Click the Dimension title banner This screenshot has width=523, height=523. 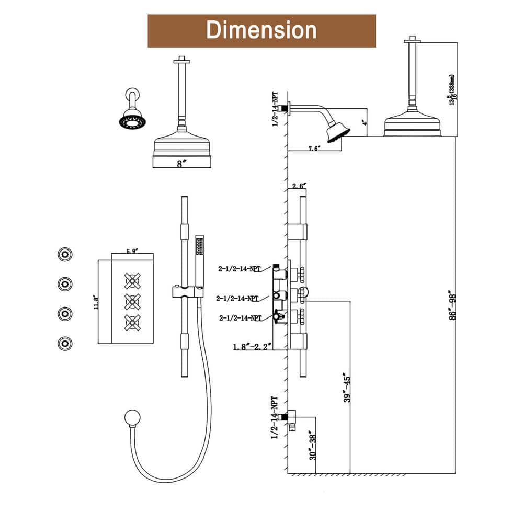coord(261,30)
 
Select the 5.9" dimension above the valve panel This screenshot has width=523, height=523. coord(132,252)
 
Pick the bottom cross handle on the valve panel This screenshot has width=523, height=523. coord(133,321)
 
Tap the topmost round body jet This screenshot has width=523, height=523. coord(65,255)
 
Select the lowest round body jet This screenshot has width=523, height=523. coord(65,343)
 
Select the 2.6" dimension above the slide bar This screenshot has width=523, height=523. coord(299,186)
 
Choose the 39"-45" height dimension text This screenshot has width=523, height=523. coord(345,387)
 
